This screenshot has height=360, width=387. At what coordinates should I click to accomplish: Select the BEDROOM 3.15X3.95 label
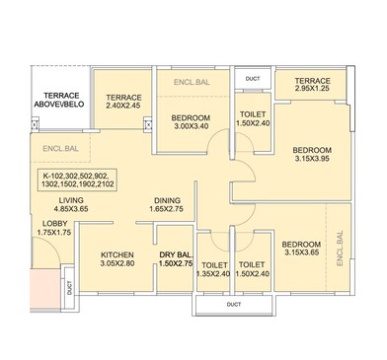click(x=312, y=156)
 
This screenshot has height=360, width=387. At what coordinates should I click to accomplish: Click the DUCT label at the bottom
click(x=233, y=304)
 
